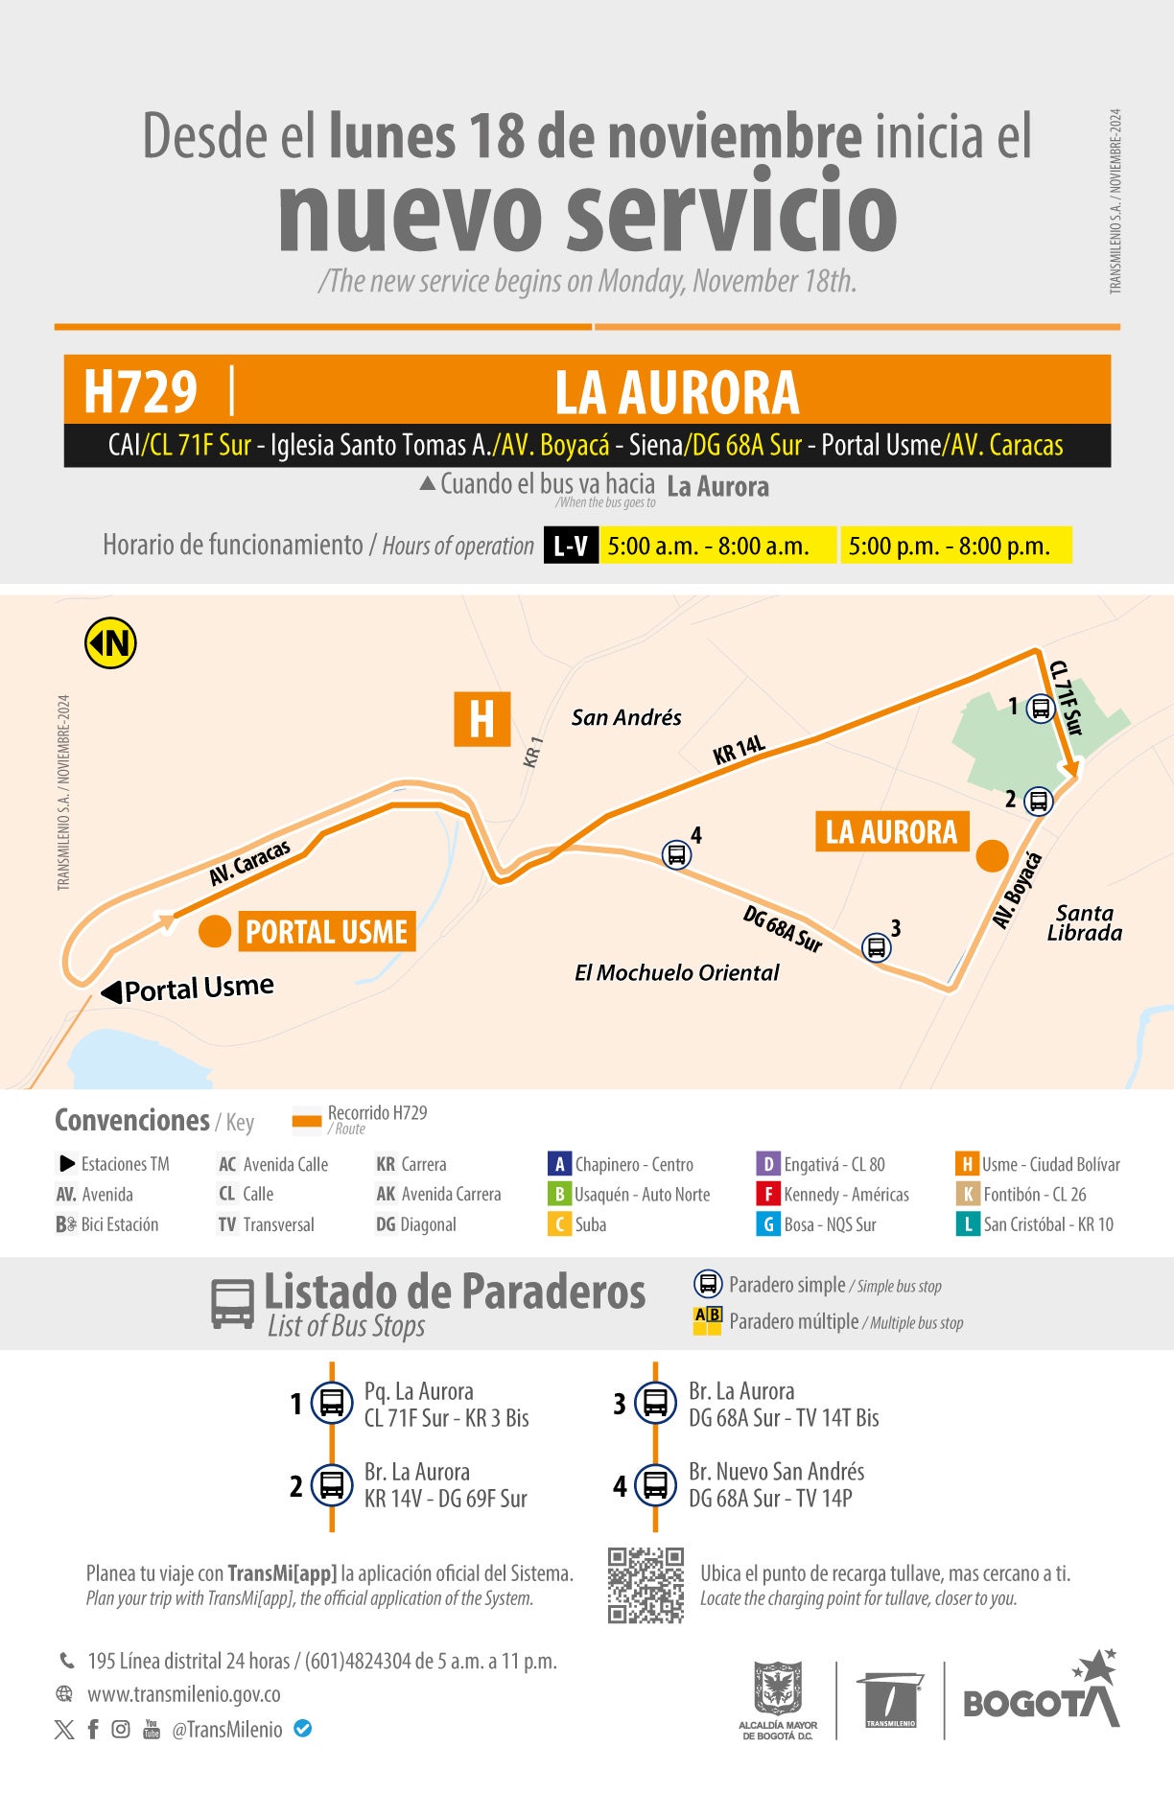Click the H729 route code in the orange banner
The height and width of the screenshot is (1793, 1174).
pyautogui.click(x=140, y=391)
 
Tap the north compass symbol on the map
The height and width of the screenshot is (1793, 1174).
pyautogui.click(x=111, y=642)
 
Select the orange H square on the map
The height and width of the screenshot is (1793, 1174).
pyautogui.click(x=481, y=719)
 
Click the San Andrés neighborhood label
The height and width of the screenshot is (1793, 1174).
pyautogui.click(x=626, y=717)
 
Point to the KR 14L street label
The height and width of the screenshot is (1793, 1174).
pyautogui.click(x=739, y=749)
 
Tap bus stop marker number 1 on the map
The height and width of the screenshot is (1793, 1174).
pyautogui.click(x=1041, y=709)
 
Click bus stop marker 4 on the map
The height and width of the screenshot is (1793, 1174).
pyautogui.click(x=676, y=853)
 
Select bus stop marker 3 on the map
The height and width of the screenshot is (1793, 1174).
pyautogui.click(x=876, y=947)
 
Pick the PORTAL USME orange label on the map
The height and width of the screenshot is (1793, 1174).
pyautogui.click(x=326, y=931)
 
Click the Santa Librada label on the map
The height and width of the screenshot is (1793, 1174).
pyautogui.click(x=1084, y=922)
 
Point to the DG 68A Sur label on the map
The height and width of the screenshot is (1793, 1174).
pyautogui.click(x=783, y=929)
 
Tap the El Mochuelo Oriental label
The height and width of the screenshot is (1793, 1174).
pyautogui.click(x=676, y=972)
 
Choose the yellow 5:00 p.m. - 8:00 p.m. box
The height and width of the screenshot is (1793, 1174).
pyautogui.click(x=955, y=546)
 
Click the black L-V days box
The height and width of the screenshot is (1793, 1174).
pyautogui.click(x=571, y=546)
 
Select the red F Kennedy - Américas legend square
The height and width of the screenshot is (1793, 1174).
pyautogui.click(x=767, y=1194)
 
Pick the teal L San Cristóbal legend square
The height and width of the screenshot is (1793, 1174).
pyautogui.click(x=967, y=1224)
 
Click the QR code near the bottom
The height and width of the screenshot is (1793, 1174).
pyautogui.click(x=646, y=1585)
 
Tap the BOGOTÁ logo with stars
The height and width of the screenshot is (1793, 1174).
pyautogui.click(x=1041, y=1692)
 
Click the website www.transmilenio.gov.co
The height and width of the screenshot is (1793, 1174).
pyautogui.click(x=184, y=1694)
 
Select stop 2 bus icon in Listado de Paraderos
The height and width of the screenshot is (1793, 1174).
pyautogui.click(x=332, y=1485)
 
